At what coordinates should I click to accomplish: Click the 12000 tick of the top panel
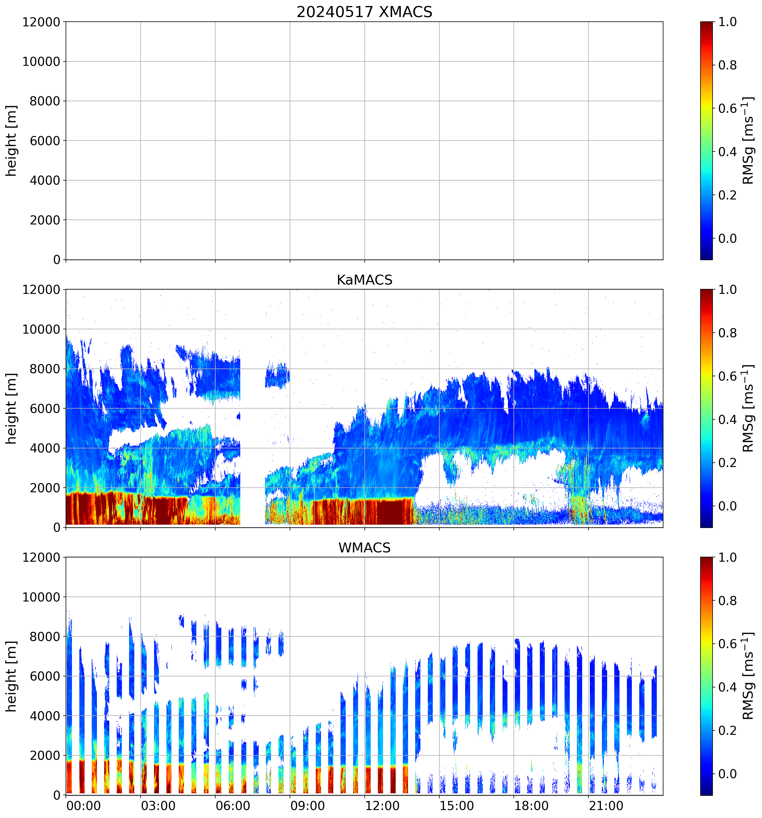coord(41,22)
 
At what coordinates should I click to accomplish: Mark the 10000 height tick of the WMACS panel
coord(41,597)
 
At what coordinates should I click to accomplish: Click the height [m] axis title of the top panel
coord(12,141)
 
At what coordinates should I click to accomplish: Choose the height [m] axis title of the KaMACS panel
coord(12,409)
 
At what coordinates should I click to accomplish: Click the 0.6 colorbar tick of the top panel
coord(727,109)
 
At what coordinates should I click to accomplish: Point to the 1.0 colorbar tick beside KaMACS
coord(727,290)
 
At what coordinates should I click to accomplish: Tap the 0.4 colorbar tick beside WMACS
coord(727,688)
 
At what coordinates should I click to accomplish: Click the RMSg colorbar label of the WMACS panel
coord(748,676)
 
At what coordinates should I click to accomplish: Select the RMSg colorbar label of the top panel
coord(748,141)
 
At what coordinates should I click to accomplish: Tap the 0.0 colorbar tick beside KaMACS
coord(727,506)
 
